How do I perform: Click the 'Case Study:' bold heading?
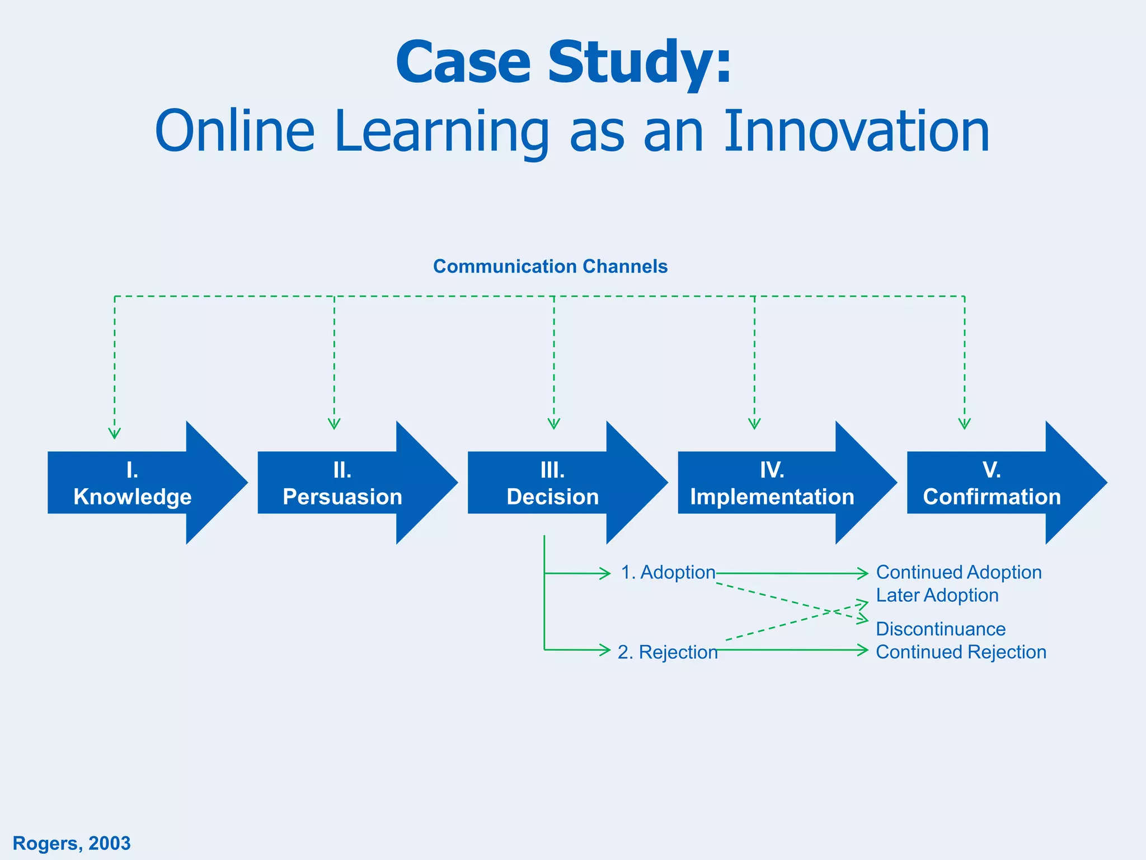[x=563, y=63]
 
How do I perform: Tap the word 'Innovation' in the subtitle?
[x=857, y=132]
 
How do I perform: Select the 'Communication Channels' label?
[x=550, y=267]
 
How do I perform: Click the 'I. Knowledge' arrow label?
[x=133, y=484]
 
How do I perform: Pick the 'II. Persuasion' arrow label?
[x=342, y=484]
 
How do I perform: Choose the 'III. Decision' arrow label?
[x=552, y=484]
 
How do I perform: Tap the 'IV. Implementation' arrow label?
[x=772, y=484]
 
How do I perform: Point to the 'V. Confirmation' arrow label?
[x=992, y=484]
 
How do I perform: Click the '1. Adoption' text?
[x=668, y=572]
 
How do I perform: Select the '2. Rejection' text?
[x=668, y=652]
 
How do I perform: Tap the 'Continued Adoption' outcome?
[x=959, y=572]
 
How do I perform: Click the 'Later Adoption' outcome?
[x=937, y=595]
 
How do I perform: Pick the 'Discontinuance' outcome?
[x=941, y=629]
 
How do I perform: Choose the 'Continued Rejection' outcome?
[x=961, y=652]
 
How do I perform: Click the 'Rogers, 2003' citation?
[x=72, y=843]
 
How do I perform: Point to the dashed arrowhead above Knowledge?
[x=115, y=433]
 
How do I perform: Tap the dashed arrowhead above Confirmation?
[x=964, y=423]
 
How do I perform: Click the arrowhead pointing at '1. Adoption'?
[x=605, y=573]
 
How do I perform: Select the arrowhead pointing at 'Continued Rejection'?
[x=863, y=650]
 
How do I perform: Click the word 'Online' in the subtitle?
[x=235, y=132]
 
